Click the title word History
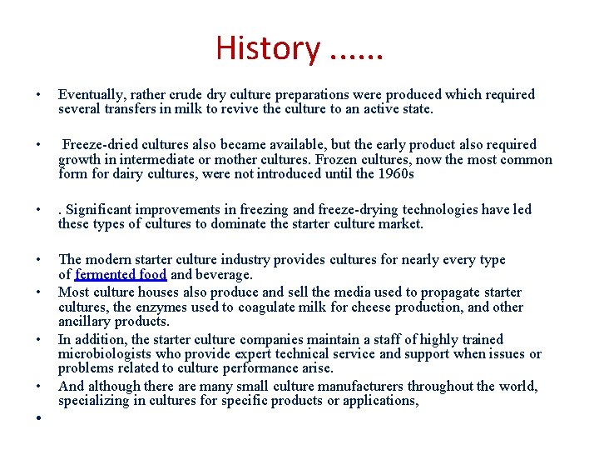[x=267, y=47]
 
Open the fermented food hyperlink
[x=121, y=274]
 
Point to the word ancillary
[x=86, y=322]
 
